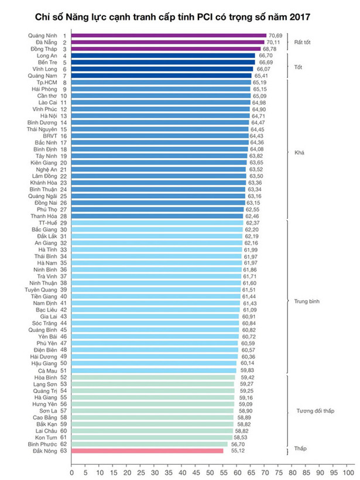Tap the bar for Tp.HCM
tap(161, 83)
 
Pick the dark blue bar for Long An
tap(163, 56)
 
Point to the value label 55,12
tap(232, 450)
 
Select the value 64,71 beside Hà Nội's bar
tap(258, 116)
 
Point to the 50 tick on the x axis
tap(210, 472)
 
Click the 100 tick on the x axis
tap(348, 472)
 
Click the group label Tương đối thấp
tap(314, 411)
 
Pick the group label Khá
tap(300, 152)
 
